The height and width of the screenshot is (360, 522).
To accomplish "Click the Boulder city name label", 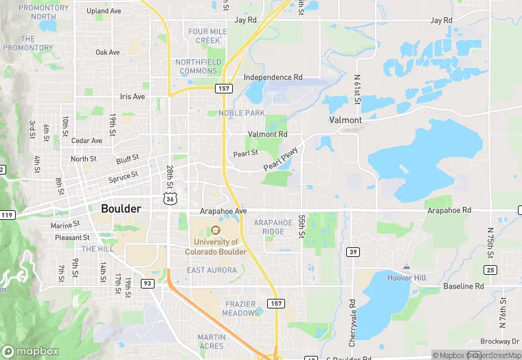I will (121, 208).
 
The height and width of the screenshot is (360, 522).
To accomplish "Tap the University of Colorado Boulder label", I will (216, 246).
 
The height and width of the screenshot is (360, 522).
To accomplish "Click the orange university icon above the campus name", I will (216, 230).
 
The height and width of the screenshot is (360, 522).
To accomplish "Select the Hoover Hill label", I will (407, 278).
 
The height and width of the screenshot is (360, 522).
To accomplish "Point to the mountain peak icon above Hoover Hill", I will (407, 267).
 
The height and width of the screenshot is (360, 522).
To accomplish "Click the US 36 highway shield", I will (169, 197).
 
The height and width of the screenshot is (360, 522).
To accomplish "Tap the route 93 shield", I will (146, 283).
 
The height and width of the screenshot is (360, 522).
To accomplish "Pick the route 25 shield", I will (490, 269).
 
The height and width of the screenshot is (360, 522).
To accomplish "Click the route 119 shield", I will (8, 215).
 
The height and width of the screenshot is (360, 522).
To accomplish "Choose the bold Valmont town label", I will (345, 120).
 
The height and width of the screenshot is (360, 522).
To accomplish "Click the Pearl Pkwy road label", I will (281, 159).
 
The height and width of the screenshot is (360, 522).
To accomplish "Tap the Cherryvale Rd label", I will (352, 323).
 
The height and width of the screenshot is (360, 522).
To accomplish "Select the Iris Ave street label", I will (133, 97).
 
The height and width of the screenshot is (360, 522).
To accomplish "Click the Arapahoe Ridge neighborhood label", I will (273, 227).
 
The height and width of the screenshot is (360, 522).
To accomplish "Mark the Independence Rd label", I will (273, 78).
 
